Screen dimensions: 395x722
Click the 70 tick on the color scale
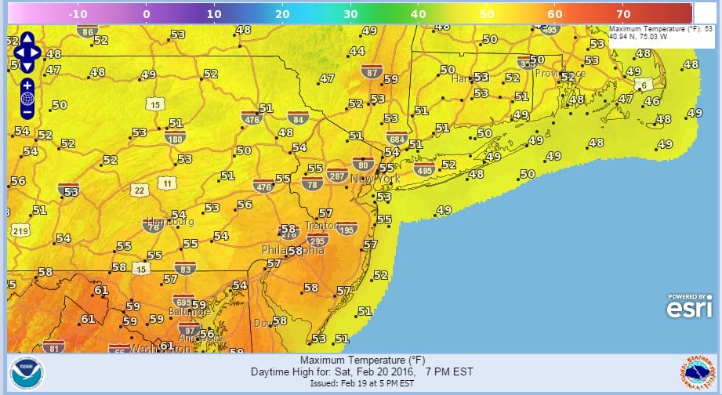click(x=622, y=13)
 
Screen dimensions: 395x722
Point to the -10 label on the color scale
click(x=78, y=13)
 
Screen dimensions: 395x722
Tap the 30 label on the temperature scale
click(x=350, y=13)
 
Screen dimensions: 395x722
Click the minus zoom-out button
click(x=27, y=113)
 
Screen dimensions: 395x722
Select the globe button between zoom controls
click(x=27, y=99)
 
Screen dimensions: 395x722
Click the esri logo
click(x=689, y=307)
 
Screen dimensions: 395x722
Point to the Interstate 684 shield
click(x=397, y=137)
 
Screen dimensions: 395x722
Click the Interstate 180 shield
click(x=175, y=137)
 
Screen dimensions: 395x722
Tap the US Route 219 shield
click(x=20, y=230)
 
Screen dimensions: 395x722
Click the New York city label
click(x=376, y=179)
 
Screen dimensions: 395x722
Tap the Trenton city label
click(x=321, y=224)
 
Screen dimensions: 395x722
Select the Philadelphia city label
click(x=292, y=251)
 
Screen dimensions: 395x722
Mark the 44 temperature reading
click(x=357, y=51)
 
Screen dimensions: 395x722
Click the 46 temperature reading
click(x=651, y=101)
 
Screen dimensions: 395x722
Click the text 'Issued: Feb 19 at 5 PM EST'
click(x=361, y=383)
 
